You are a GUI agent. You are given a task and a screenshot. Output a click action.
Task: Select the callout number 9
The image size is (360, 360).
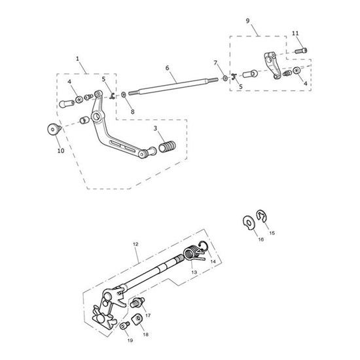tap(247, 21)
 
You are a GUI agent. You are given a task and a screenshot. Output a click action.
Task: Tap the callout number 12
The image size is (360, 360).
tap(135, 243)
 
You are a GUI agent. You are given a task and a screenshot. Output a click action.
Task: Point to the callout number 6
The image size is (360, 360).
tap(167, 68)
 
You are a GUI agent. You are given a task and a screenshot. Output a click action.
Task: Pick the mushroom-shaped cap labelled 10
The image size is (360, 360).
tap(52, 128)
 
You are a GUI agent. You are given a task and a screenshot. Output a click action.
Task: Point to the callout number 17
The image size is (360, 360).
tap(149, 315)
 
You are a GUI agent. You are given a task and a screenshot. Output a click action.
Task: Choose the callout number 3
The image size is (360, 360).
tap(155, 128)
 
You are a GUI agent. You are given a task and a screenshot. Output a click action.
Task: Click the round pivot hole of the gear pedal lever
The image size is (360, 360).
tap(96, 117)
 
